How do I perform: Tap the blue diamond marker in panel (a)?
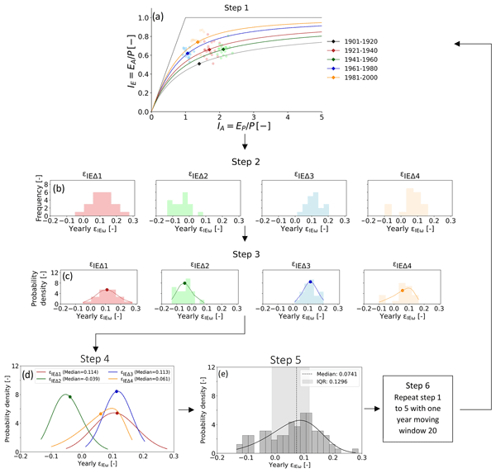pyautogui.click(x=188, y=54)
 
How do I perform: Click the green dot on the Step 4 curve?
pyautogui.click(x=70, y=397)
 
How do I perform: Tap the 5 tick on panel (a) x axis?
pyautogui.click(x=321, y=118)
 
